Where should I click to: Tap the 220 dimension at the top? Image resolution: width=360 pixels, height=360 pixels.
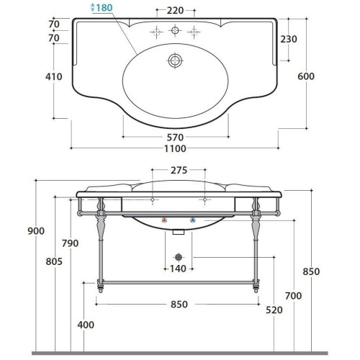pos(175,11)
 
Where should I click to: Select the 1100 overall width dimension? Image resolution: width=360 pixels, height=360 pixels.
pos(175,148)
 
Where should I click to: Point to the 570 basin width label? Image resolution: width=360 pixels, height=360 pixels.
pos(175,138)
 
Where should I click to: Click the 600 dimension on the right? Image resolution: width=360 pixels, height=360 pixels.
pos(306,76)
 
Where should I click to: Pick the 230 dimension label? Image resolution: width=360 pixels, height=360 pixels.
pos(289,39)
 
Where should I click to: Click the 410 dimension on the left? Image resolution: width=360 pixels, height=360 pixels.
pos(54,77)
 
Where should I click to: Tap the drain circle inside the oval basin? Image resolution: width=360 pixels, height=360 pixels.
pos(175,60)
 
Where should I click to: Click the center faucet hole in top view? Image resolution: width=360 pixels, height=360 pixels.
pos(175,30)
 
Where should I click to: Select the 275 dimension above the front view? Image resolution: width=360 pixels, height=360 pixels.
pos(179,171)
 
